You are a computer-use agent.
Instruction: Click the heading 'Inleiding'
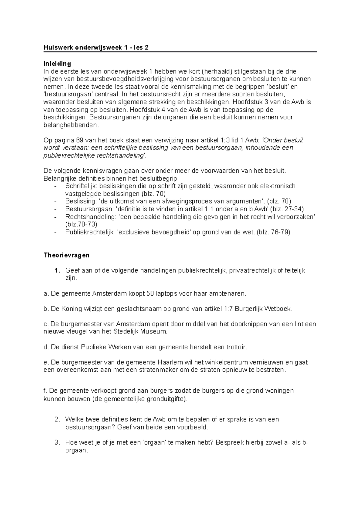click(x=57, y=64)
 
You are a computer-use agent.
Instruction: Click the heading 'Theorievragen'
click(x=67, y=255)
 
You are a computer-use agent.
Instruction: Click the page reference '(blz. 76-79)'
click(x=274, y=232)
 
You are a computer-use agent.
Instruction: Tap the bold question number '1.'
click(x=57, y=271)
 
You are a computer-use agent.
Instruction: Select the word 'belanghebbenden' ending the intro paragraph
click(x=70, y=125)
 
